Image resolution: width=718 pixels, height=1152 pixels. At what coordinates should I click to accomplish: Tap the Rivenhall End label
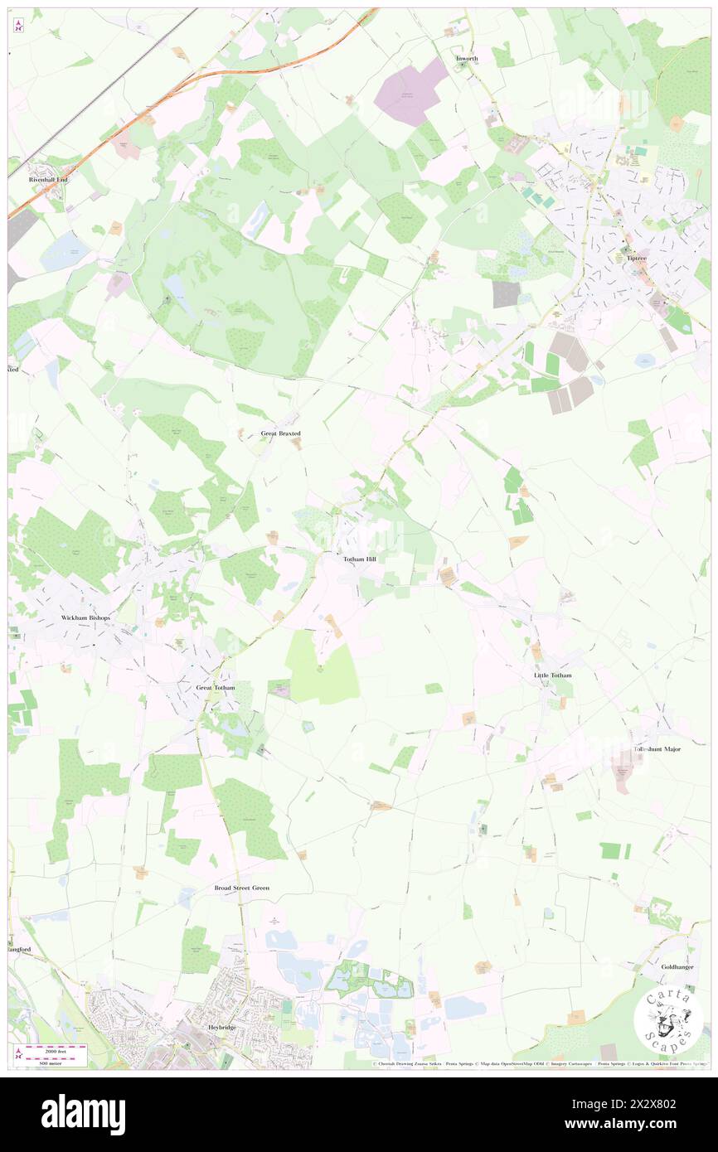coord(47,179)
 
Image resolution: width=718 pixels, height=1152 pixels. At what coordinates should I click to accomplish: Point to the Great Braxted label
coord(280,433)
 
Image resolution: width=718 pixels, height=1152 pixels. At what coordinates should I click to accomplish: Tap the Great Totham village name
coord(215,688)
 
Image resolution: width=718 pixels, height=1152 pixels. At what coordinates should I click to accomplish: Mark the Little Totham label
coord(552,675)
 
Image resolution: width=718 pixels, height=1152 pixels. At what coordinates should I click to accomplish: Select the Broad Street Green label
coord(242,888)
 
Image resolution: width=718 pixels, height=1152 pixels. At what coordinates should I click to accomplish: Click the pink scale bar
coord(56,1053)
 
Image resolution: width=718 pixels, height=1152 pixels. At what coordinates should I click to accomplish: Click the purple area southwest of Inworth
coord(410,94)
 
